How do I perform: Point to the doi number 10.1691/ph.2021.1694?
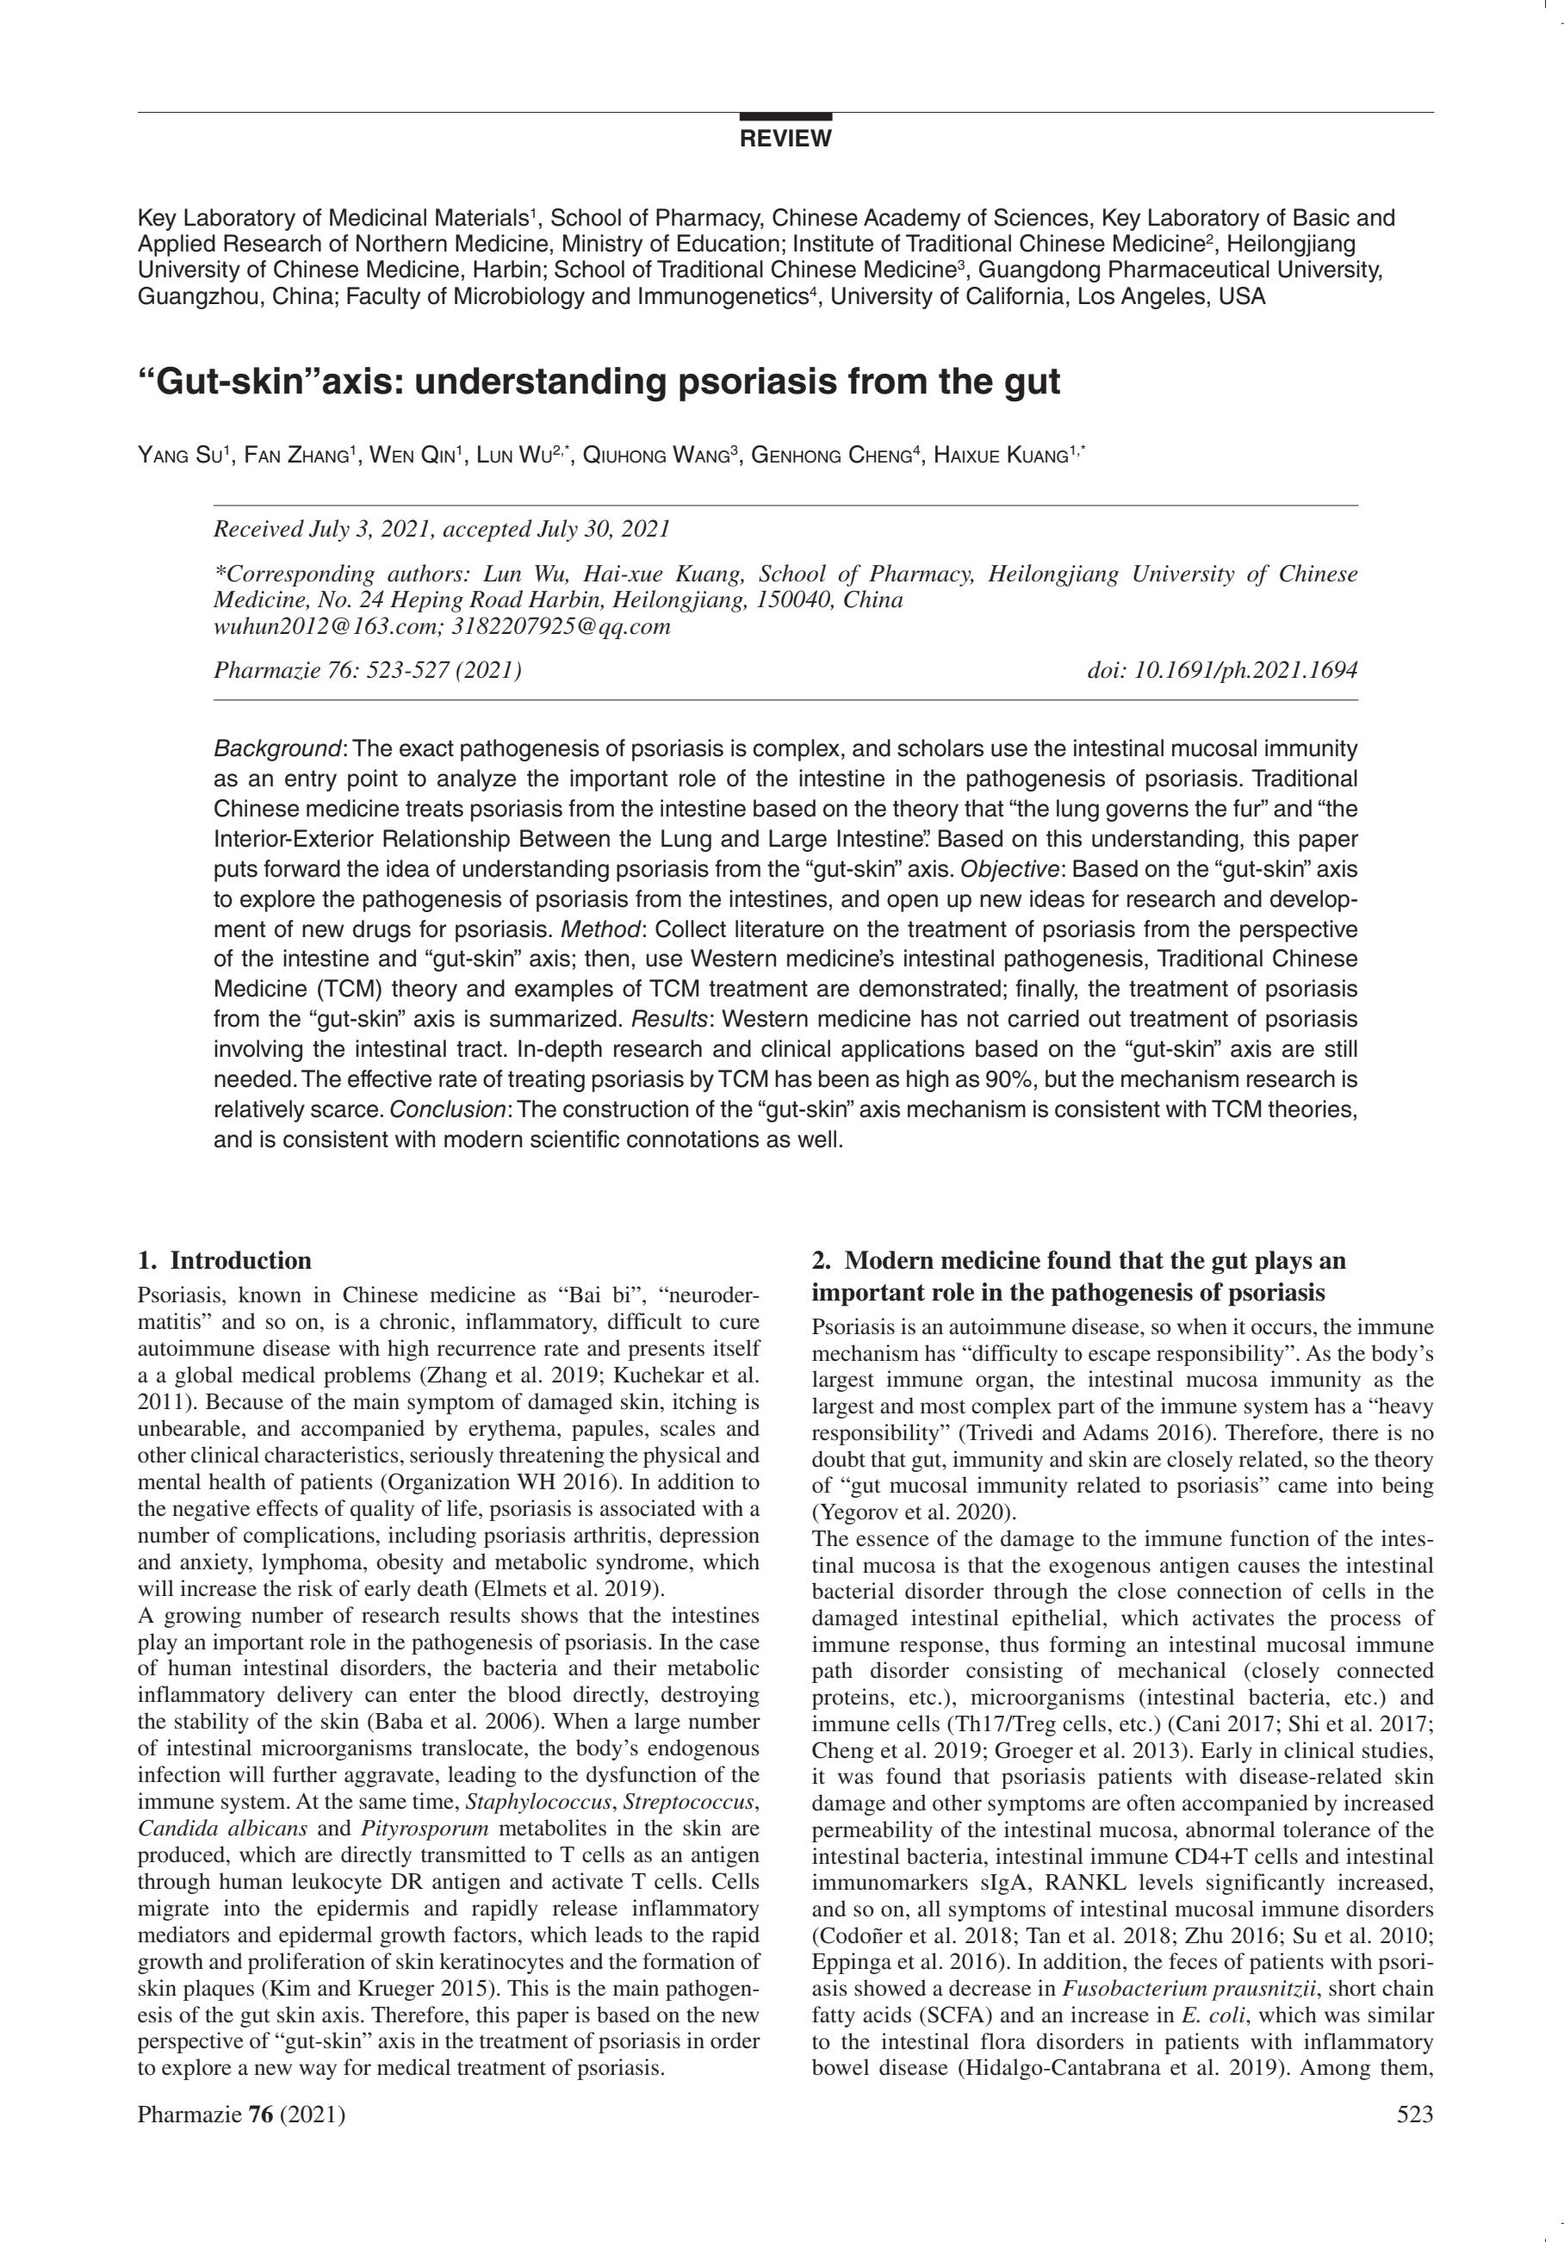click(x=1244, y=670)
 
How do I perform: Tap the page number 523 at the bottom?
click(x=1415, y=2115)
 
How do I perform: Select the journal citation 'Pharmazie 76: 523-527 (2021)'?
click(x=366, y=670)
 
